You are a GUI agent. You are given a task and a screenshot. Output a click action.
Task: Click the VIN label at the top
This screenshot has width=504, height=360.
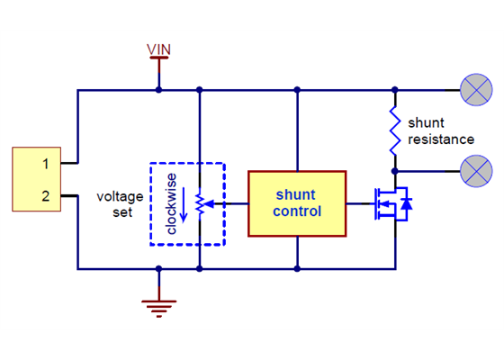pos(159,48)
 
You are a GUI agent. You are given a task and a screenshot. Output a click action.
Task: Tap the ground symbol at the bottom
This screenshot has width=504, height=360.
pos(159,307)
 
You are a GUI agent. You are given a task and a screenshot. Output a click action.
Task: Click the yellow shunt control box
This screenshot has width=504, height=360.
pos(296,202)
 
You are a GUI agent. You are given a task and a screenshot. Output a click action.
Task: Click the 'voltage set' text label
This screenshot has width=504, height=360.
pos(115,204)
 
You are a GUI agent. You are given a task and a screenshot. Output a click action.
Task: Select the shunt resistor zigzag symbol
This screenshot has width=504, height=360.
pos(394,130)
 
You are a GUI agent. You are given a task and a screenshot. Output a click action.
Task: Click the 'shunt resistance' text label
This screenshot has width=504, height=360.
pos(440,130)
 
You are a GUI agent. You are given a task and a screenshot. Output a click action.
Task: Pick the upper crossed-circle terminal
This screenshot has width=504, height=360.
pos(476,90)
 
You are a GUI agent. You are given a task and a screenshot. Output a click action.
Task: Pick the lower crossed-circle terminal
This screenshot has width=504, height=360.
pos(476,169)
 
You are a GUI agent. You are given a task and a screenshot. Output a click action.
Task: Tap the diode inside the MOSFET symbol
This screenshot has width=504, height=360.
pos(406,204)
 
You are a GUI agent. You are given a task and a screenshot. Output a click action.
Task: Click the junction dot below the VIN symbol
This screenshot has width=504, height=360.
pos(159,90)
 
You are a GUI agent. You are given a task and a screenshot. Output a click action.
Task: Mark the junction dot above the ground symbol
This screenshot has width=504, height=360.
pos(159,268)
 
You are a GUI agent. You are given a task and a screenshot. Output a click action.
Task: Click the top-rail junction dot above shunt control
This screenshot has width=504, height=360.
pos(296,90)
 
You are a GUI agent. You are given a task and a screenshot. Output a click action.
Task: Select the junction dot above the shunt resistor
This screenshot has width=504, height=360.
pos(394,90)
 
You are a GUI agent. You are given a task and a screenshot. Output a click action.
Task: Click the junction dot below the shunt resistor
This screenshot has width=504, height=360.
pos(394,169)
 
